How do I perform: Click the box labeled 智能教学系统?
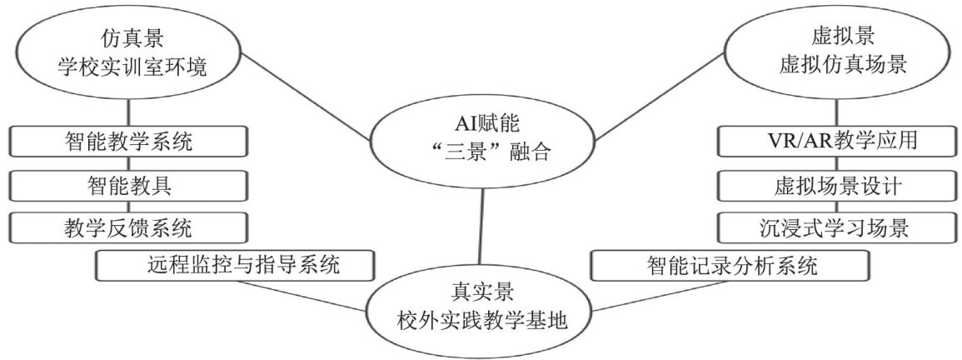[128, 142]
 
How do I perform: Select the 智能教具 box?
[128, 185]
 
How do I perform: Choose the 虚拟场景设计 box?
[834, 185]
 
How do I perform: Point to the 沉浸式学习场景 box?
[834, 227]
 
